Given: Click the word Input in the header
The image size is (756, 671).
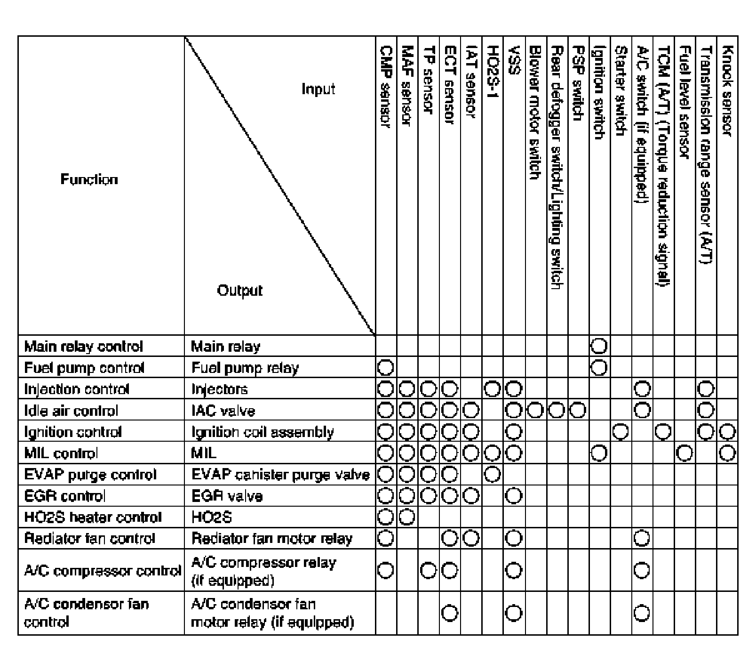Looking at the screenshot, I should point(318,89).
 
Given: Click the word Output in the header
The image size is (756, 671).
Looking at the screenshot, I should point(239,290).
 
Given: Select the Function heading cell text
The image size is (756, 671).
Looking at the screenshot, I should point(89,179).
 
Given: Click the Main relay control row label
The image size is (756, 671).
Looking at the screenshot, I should point(83,347).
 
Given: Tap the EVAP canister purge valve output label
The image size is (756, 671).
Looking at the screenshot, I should point(280,475).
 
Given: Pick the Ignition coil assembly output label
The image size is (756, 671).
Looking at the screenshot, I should point(263,432).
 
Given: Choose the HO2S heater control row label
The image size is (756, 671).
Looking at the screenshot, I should point(93,517).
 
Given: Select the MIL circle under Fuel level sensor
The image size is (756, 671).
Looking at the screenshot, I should point(685,453).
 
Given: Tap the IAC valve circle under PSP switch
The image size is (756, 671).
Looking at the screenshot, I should point(578,411).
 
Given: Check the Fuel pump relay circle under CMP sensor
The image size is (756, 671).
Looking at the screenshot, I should point(385,367).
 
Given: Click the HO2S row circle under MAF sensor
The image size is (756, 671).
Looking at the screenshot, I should point(407,517).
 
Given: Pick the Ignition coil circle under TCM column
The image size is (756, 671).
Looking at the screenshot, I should point(663,432).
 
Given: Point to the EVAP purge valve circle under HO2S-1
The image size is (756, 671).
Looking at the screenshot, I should point(492,475).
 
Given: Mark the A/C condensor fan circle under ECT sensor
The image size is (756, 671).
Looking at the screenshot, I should point(450,613).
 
